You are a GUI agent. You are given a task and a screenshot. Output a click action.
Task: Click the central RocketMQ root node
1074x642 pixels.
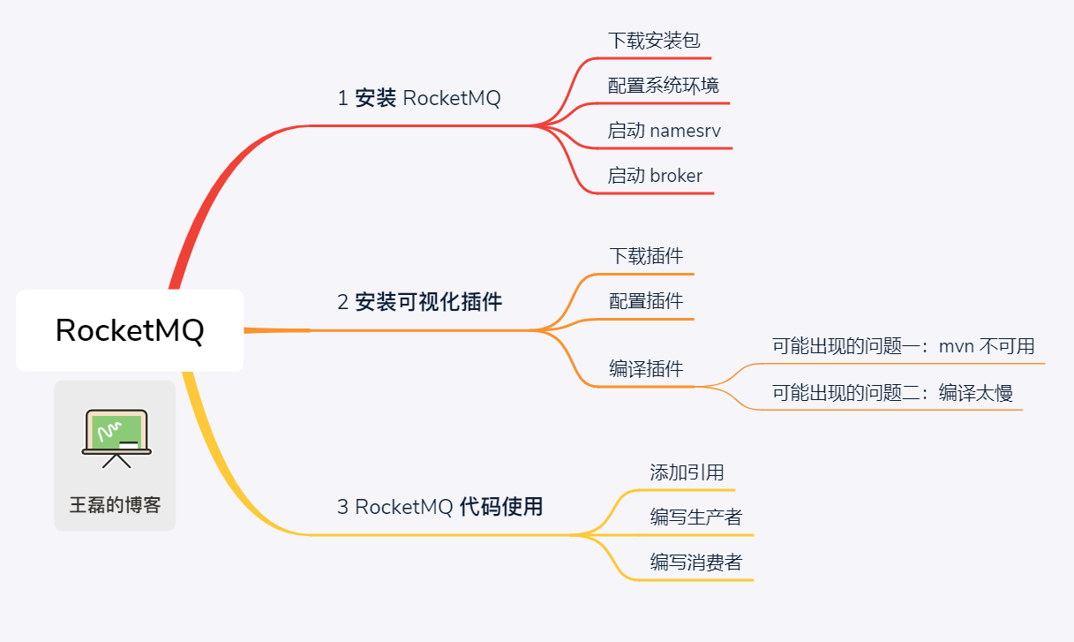[x=130, y=330]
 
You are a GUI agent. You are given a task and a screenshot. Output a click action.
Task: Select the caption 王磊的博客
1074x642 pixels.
[x=116, y=506]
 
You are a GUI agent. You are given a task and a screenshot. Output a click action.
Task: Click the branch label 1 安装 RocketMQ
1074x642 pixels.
[x=418, y=98]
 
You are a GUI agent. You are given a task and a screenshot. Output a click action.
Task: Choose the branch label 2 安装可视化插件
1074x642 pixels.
[x=419, y=302]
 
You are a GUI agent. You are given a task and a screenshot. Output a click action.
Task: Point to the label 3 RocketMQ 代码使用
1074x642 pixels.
[x=439, y=507]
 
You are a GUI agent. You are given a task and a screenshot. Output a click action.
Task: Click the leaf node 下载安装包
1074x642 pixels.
[x=654, y=41]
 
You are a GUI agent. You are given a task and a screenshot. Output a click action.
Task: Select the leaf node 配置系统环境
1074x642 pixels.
[x=663, y=86]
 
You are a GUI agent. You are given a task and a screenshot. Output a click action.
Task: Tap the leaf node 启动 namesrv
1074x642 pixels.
[x=664, y=131]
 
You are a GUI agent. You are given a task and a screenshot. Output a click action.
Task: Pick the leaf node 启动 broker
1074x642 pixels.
[x=655, y=176]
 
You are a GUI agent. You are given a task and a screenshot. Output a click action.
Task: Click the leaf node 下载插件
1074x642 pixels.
[x=646, y=256]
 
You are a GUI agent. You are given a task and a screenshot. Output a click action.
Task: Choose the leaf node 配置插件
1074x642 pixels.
[x=646, y=301]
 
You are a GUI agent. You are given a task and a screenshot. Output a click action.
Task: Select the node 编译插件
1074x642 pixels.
[x=646, y=369]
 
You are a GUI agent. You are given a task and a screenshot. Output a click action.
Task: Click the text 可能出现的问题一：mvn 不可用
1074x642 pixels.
[x=903, y=346]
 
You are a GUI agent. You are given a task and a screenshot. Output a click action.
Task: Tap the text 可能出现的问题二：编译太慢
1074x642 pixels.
[x=892, y=393]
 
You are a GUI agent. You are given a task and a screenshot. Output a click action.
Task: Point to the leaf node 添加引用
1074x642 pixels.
[x=687, y=472]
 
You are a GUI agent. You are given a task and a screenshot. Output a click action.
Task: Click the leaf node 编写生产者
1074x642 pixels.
[x=696, y=517]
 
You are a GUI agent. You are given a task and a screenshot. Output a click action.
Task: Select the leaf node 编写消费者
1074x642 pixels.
[x=696, y=562]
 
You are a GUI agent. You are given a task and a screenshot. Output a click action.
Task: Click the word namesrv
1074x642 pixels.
[x=685, y=131]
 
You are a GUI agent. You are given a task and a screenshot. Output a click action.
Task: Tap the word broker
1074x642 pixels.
[x=676, y=176]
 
